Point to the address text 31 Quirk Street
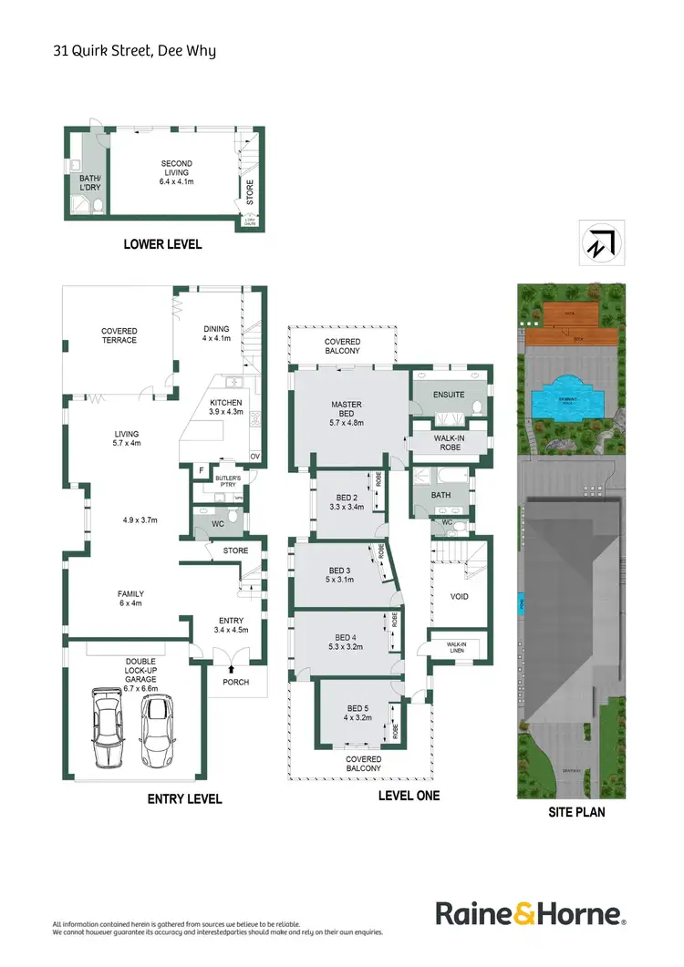click(x=134, y=51)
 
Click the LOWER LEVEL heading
click(x=163, y=244)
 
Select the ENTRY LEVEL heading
click(x=184, y=799)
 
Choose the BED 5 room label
click(x=358, y=714)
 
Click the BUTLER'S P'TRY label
click(x=226, y=481)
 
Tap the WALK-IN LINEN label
click(x=457, y=647)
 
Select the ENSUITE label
click(x=449, y=395)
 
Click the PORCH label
click(x=236, y=680)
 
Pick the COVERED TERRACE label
click(x=119, y=335)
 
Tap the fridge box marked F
click(x=201, y=470)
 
